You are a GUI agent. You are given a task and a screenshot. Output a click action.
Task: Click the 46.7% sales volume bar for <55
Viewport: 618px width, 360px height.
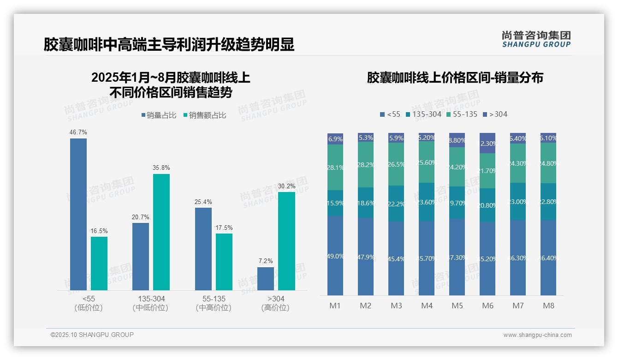coord(78,214)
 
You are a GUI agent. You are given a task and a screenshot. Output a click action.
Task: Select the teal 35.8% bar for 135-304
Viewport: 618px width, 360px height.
coord(161,232)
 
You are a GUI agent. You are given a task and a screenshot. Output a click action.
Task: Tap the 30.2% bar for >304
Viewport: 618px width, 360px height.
coord(286,241)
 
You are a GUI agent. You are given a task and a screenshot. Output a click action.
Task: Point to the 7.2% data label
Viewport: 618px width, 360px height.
coord(265,261)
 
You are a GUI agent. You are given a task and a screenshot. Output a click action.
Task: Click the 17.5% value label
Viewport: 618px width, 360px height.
coord(224,228)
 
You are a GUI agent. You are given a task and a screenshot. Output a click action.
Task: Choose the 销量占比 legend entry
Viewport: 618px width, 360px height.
coord(159,115)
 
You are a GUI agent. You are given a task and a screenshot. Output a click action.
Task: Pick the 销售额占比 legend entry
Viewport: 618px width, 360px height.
coord(205,115)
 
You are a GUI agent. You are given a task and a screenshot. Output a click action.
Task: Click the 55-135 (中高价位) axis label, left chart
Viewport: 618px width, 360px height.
coord(214,303)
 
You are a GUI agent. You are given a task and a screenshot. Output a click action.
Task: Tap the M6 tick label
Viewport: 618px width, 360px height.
coord(487,306)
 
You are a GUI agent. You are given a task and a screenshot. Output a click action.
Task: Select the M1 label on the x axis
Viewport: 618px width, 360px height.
coord(335,306)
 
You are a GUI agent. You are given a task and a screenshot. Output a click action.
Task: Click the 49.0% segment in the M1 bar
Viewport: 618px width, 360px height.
coord(335,256)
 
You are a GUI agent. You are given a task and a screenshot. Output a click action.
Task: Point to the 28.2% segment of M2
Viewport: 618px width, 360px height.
coord(366,164)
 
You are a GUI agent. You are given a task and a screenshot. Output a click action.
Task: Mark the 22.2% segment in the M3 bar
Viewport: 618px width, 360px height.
coord(396,204)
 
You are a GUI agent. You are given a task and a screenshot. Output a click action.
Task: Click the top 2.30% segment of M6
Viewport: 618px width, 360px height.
coord(487,143)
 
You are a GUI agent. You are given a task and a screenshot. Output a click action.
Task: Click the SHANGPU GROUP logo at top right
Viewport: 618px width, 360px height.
coord(536,39)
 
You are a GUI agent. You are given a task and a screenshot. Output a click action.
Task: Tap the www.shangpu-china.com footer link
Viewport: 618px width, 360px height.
coord(537,335)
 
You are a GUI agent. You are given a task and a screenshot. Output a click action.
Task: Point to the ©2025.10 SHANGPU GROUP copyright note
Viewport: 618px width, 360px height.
coord(92,335)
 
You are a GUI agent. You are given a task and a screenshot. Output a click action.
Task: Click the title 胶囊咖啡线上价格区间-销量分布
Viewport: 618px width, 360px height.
coord(455,78)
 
